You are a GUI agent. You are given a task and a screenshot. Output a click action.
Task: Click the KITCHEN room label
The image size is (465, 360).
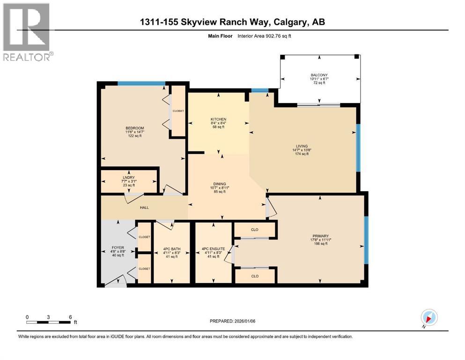(218, 119)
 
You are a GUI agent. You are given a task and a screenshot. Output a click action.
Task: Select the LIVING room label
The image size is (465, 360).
(304, 146)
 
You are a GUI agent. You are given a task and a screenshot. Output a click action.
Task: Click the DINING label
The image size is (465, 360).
(219, 184)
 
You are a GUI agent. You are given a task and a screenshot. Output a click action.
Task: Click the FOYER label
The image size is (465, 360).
(118, 247)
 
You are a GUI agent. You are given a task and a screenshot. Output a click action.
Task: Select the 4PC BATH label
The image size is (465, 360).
(170, 248)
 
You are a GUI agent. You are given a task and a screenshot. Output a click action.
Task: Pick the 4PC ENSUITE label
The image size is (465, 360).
(213, 248)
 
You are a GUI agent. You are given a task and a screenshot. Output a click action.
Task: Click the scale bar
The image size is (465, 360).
(49, 321)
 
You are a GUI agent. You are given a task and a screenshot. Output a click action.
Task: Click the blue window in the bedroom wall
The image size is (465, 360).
(141, 83)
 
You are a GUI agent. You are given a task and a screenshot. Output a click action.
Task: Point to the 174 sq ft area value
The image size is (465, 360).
(304, 154)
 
